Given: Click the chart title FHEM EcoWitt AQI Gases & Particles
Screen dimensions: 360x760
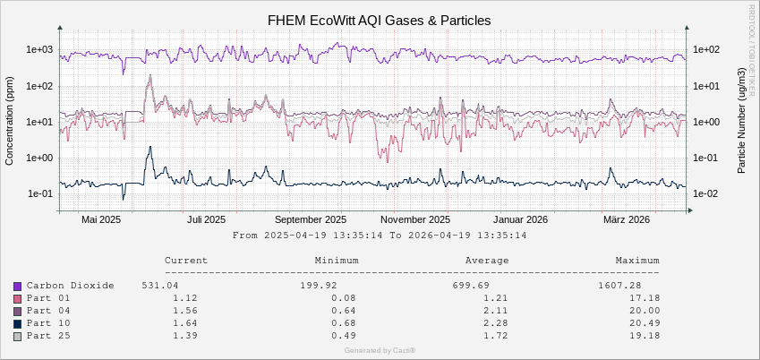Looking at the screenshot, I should click(380, 20).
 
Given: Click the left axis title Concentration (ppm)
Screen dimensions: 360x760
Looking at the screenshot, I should click(11, 122).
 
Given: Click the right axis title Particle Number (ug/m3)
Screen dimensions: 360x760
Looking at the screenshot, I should click(742, 122).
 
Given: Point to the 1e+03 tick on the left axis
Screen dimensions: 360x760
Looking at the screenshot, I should click(41, 50).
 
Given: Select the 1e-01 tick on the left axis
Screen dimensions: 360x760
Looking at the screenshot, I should click(41, 193).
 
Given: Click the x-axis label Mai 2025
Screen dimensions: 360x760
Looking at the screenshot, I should click(100, 219).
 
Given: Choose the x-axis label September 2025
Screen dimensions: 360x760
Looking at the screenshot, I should click(310, 219).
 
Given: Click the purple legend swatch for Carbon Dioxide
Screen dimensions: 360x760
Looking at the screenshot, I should click(17, 286).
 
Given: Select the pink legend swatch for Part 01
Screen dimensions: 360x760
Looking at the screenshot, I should click(17, 298).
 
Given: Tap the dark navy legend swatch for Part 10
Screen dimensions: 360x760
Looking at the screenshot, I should click(17, 323).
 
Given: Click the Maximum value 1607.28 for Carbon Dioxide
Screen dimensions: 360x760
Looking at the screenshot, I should click(637, 286).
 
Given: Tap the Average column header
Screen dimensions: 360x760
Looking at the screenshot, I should click(487, 261).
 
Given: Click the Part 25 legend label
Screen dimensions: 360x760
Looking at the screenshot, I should click(48, 336).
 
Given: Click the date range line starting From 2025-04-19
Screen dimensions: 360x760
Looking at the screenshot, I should click(379, 236).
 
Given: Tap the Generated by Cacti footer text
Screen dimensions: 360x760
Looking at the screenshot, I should click(380, 350).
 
